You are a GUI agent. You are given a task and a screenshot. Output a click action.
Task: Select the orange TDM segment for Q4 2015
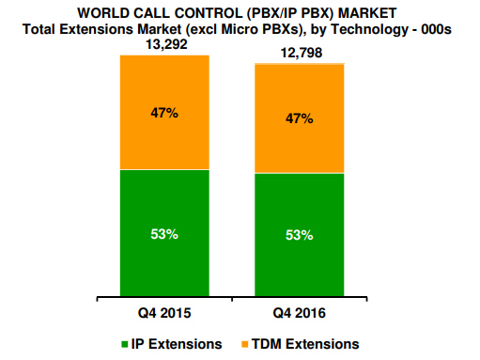pyautogui.click(x=163, y=141)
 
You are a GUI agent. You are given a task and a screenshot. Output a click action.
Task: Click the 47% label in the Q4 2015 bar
pyautogui.click(x=163, y=112)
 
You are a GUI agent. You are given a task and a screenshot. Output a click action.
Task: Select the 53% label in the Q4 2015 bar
pyautogui.click(x=163, y=234)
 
